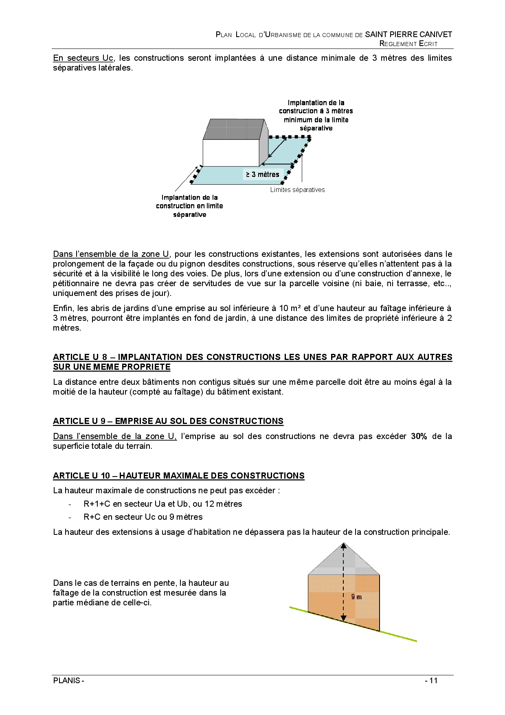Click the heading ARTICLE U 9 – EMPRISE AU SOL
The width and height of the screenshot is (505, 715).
pyautogui.click(x=168, y=421)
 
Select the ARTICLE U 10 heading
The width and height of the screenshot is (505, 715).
pyautogui.click(x=179, y=476)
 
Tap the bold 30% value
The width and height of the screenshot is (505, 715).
pyautogui.click(x=419, y=436)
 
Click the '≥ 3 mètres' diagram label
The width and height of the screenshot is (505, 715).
pyautogui.click(x=262, y=174)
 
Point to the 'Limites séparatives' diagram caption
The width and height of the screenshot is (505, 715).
pyautogui.click(x=297, y=190)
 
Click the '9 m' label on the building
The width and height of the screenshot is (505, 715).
pyautogui.click(x=356, y=597)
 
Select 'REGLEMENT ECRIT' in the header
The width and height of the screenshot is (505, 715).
pyautogui.click(x=408, y=44)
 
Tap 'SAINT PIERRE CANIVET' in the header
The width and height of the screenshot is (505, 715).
pyautogui.click(x=408, y=35)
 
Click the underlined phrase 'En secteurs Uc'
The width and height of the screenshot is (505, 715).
pyautogui.click(x=83, y=58)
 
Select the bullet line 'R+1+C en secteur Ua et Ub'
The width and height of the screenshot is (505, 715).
pyautogui.click(x=163, y=504)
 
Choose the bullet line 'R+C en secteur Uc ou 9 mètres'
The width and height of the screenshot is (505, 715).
pyautogui.click(x=143, y=517)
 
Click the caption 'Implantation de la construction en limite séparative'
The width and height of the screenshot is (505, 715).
pyautogui.click(x=189, y=206)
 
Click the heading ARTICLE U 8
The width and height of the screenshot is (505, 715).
pyautogui.click(x=253, y=362)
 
